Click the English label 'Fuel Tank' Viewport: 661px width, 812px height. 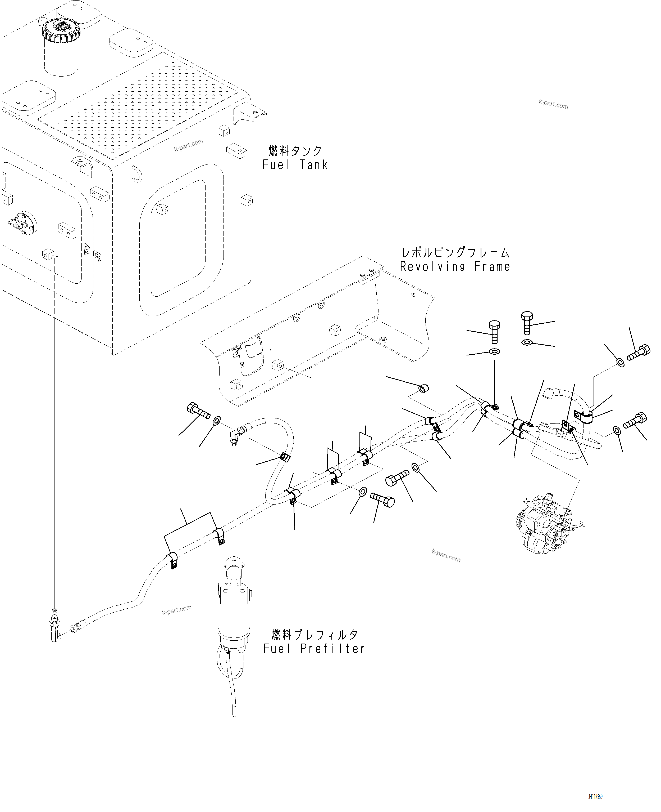295,165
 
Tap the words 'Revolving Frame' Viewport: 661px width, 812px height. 455,266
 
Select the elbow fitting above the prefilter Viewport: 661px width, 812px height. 236,434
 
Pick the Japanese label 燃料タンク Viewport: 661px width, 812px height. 295,151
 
